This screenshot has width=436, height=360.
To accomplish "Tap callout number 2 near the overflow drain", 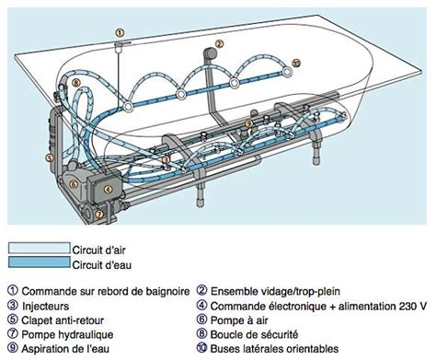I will pos(218,43).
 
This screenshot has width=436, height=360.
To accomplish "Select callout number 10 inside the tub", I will pos(295,64).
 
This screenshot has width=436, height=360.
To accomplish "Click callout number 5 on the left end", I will pos(51,157).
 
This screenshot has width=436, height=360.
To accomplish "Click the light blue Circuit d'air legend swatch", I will pos(38,248).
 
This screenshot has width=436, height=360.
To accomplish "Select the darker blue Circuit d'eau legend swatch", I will pos(38,262).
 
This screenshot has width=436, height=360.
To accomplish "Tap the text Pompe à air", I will pos(244,319).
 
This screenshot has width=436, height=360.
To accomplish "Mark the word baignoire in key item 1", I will pos(165,290).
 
